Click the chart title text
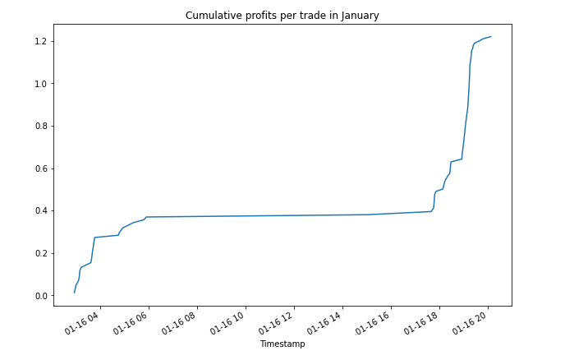[282, 16]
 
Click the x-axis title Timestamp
[282, 344]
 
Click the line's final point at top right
[491, 37]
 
